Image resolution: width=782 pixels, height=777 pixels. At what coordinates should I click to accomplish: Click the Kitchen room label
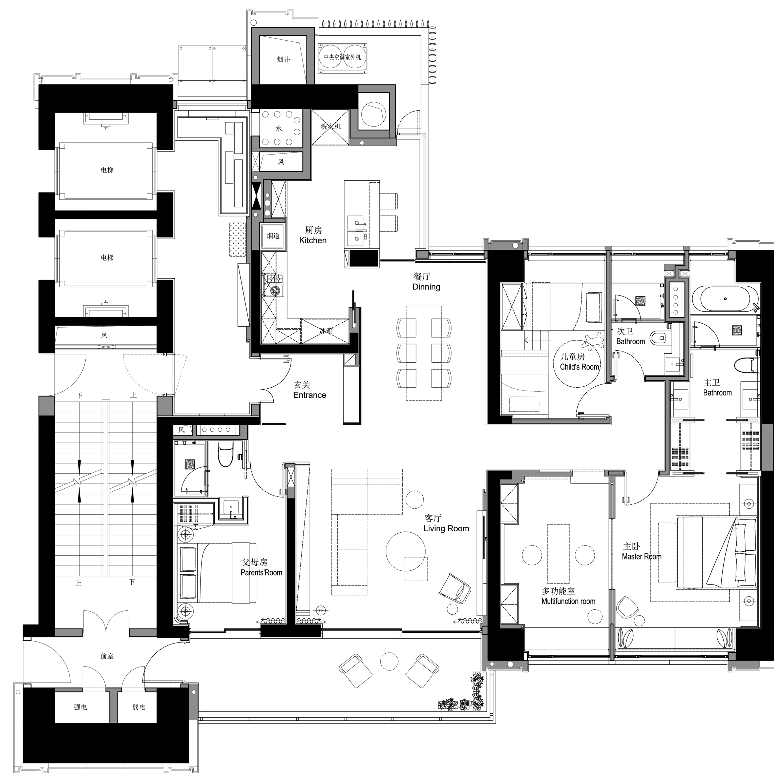point(313,241)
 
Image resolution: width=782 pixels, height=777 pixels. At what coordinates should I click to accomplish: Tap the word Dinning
point(426,287)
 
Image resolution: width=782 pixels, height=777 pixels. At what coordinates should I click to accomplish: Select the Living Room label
point(446,528)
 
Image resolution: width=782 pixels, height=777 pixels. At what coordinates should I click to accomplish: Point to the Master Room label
point(641,557)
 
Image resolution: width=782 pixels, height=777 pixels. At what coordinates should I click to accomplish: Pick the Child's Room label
point(579,367)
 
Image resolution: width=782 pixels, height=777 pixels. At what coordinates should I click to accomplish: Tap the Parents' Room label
point(261,573)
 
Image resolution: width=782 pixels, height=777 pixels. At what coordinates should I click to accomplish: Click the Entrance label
point(310,395)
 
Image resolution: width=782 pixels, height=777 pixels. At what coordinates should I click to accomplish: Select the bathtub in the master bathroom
point(724,299)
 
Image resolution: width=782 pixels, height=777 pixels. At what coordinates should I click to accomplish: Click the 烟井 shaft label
point(283,60)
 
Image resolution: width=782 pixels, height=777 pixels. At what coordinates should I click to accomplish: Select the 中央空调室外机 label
point(342,58)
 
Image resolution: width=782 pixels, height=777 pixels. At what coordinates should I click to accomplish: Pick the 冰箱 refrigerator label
point(326,331)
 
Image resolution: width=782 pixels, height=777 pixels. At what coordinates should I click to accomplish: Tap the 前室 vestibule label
point(107,656)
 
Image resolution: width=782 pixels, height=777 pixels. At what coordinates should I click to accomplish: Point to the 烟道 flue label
point(273,236)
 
